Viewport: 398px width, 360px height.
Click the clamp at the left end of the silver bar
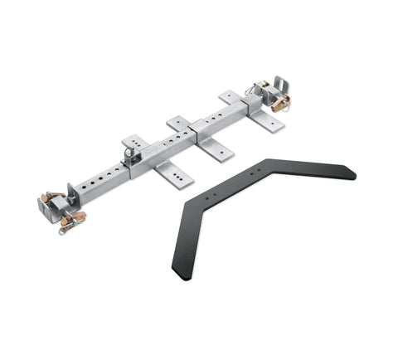(56, 207)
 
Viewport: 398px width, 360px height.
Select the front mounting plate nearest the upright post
(172, 173)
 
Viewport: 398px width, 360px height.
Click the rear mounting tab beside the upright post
(133, 142)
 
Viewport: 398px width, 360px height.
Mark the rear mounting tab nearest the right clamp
(229, 97)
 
